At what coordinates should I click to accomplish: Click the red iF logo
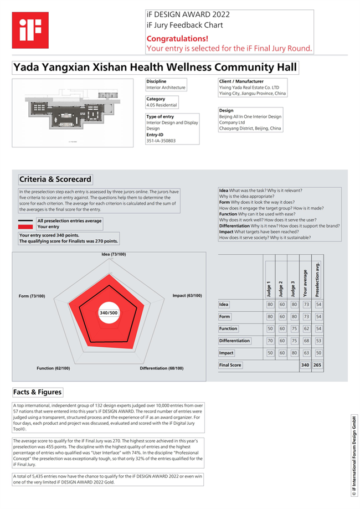coord(30,30)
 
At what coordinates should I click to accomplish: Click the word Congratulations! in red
coord(177,39)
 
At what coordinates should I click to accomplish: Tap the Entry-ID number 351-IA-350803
coord(161,141)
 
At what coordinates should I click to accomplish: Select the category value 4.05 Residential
coord(162,105)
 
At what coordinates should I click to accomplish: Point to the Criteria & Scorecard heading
coord(55,179)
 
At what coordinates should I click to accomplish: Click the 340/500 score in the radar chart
coord(108,313)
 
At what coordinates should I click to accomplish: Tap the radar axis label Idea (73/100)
coord(114,254)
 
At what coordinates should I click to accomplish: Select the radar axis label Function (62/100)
coord(53,368)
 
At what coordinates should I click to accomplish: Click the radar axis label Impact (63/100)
coord(187,296)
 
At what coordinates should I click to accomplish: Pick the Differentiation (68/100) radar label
coord(161,368)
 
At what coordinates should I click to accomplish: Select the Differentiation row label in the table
coord(235,341)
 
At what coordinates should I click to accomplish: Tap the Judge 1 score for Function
coord(270,328)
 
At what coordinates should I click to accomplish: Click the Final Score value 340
coord(305,365)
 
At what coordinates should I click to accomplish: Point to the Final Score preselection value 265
coord(318,365)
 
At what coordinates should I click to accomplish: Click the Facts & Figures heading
coord(38,392)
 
